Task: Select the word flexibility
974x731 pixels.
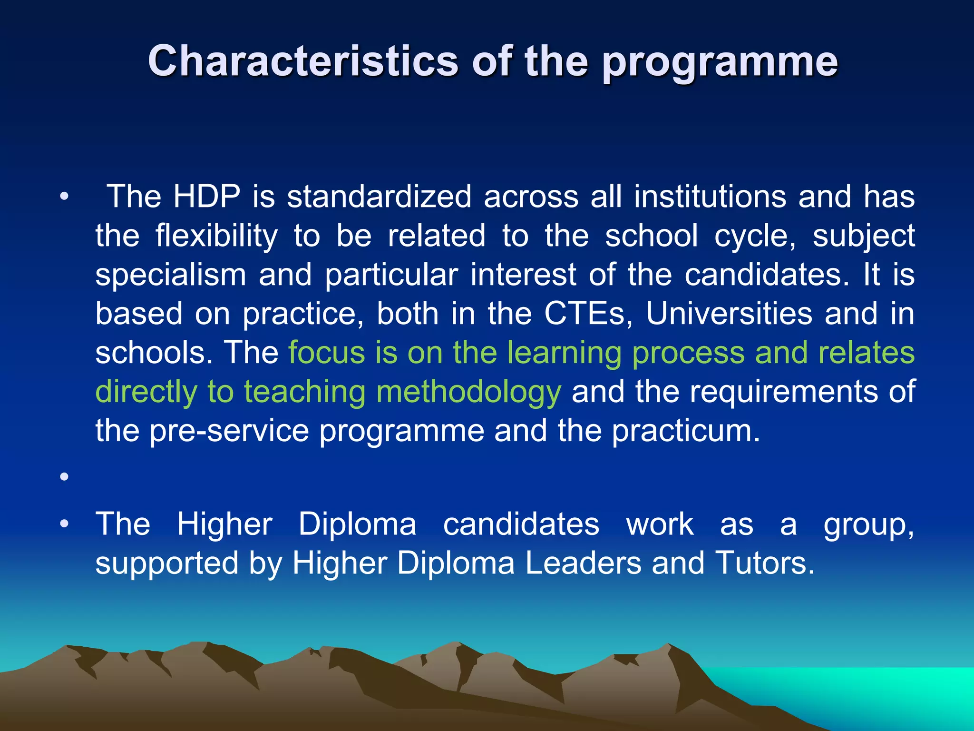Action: click(216, 236)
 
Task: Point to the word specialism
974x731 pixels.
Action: click(171, 275)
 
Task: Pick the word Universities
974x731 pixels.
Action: click(729, 314)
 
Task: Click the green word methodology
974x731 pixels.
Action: click(468, 392)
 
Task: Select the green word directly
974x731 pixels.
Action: click(146, 392)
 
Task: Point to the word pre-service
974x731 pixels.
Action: click(230, 431)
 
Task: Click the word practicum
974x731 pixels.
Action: click(686, 431)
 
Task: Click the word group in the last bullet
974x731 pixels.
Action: click(868, 524)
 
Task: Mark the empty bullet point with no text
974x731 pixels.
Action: click(65, 476)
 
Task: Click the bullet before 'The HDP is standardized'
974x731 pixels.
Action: click(65, 196)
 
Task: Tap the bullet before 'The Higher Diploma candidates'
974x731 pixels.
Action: click(65, 524)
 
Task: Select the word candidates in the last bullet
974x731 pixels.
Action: click(521, 524)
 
